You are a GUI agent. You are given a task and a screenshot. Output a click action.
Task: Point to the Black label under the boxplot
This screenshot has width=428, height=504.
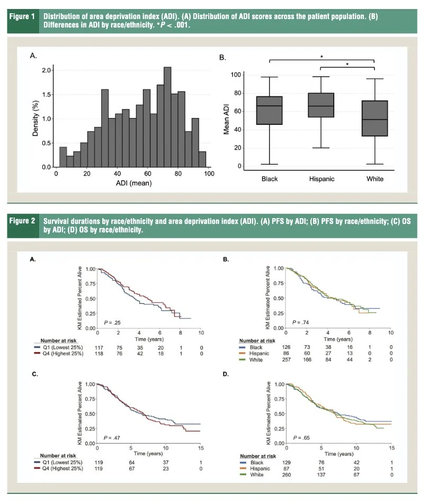270,179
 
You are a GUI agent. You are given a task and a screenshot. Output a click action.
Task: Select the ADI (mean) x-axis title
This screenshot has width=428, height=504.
132,184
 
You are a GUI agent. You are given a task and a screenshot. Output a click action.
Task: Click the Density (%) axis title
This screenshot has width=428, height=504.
37,118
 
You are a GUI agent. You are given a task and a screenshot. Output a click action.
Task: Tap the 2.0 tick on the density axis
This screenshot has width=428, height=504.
47,70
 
